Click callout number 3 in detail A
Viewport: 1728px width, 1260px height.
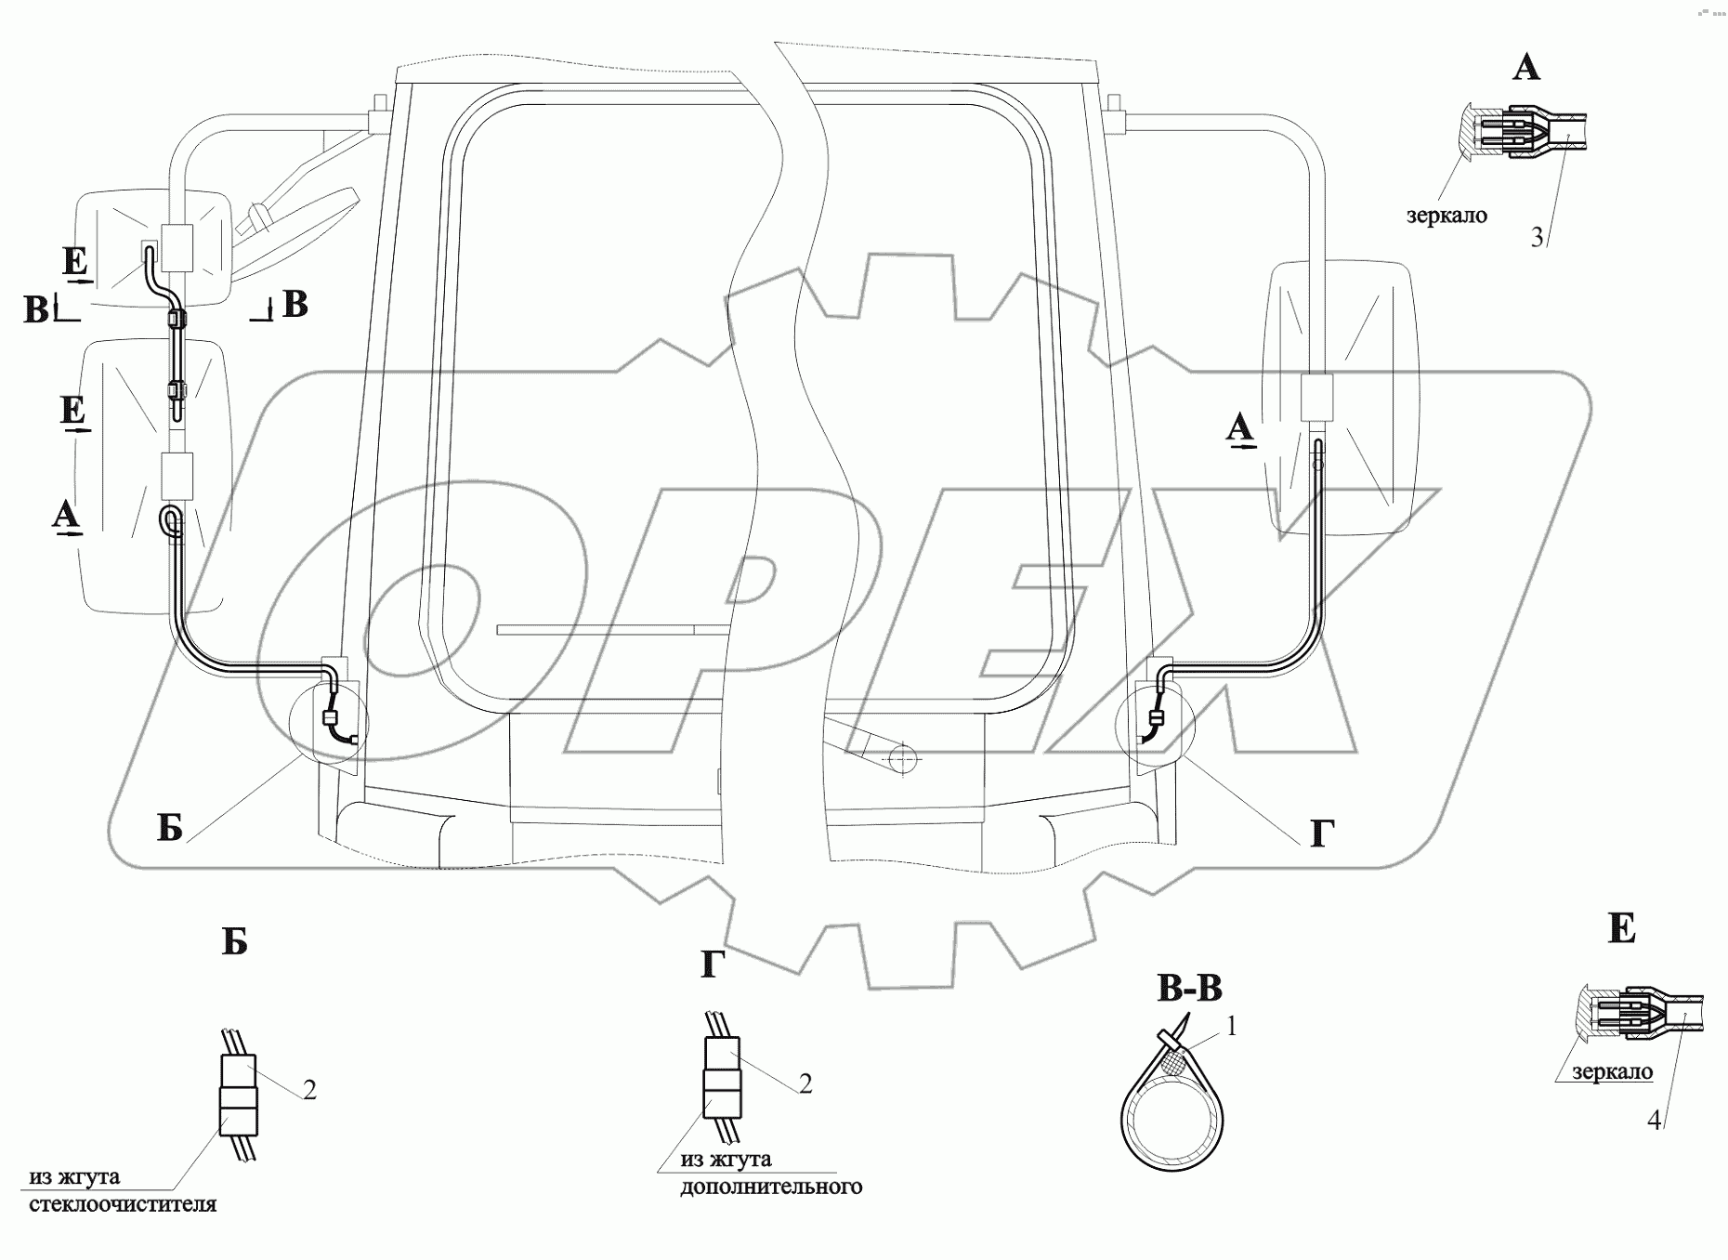coord(1538,238)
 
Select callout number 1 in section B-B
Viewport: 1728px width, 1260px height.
coord(1232,1026)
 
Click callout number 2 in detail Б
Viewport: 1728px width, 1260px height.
coord(309,1090)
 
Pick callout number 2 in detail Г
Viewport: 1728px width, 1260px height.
coord(805,1083)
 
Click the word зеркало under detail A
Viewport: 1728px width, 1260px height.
coord(1447,216)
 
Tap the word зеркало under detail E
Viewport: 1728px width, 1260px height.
coord(1613,1071)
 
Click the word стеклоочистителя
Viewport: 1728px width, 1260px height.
coord(123,1204)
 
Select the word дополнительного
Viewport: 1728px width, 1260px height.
coord(771,1187)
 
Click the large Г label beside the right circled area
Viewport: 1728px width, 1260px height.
coord(1322,833)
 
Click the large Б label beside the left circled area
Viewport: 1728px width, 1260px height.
coord(169,826)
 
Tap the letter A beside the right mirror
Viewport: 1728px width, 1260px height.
coord(1238,429)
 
